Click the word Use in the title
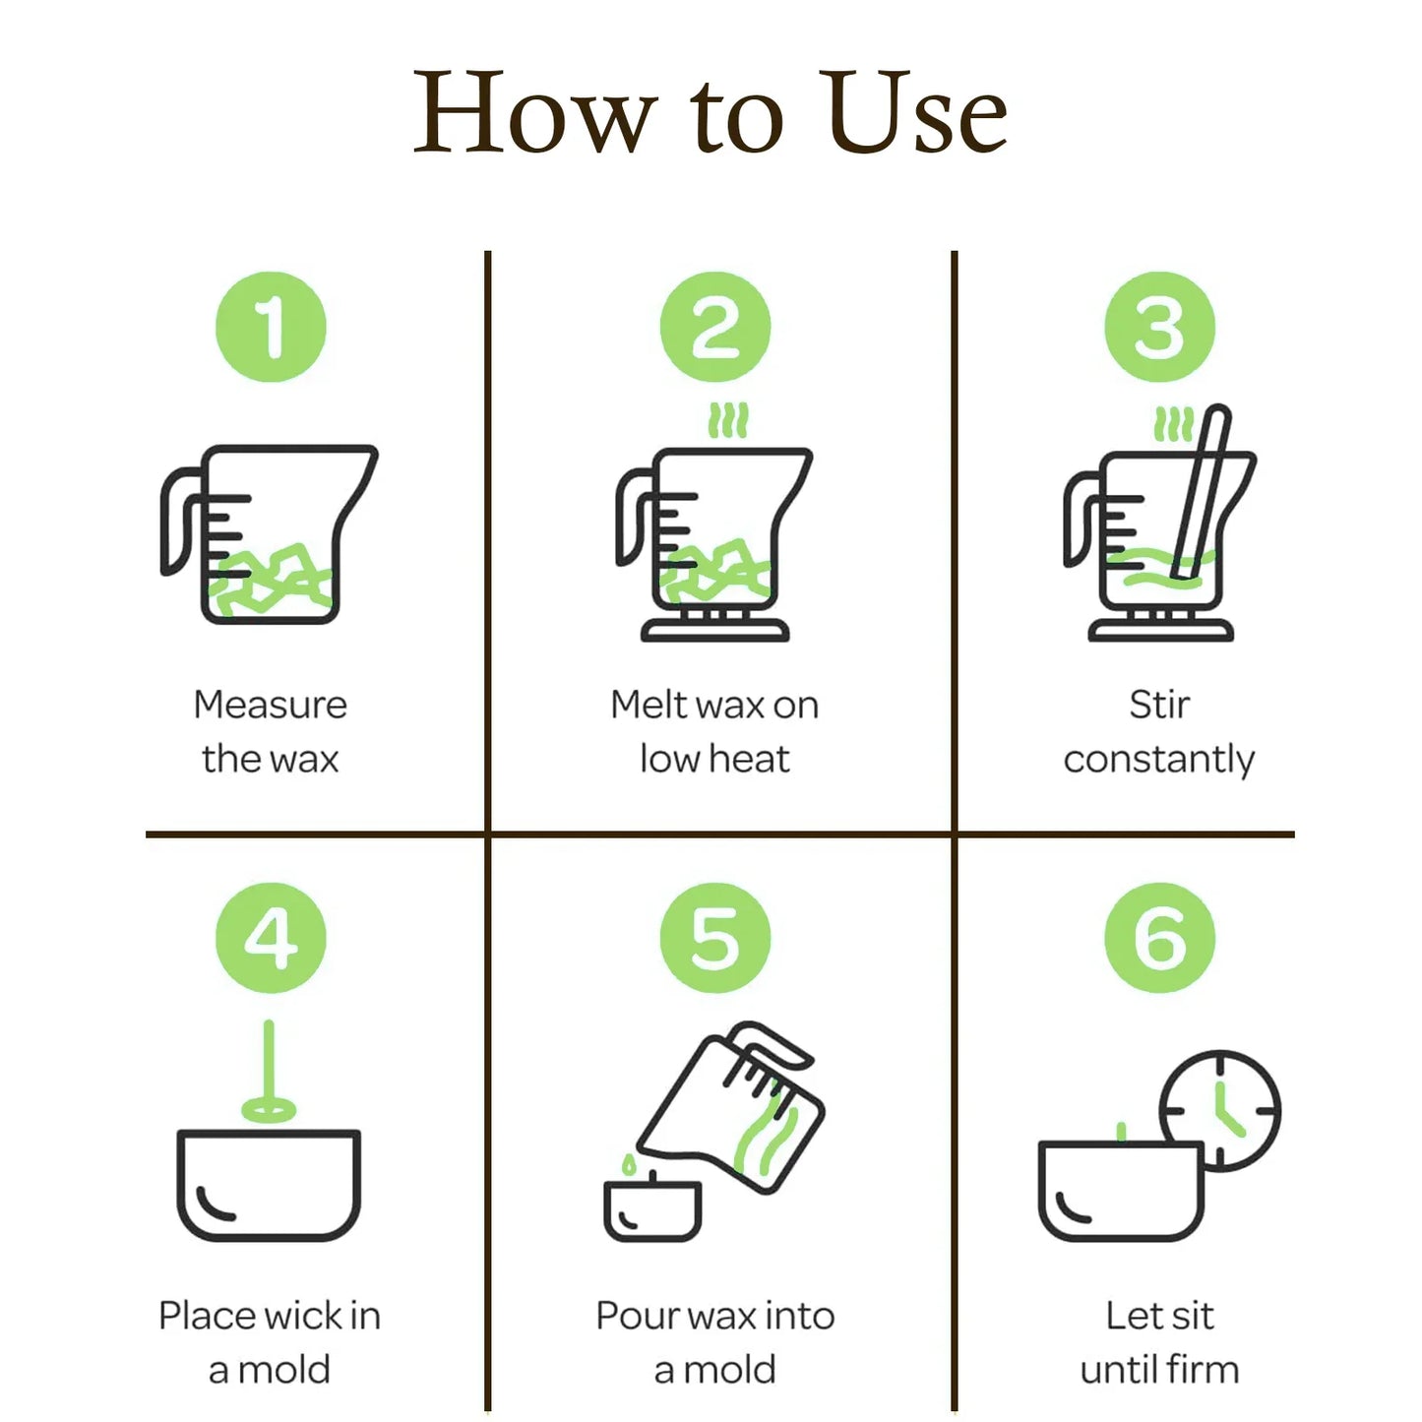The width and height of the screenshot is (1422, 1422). coord(916,112)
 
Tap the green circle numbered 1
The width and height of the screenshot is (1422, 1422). coord(271,327)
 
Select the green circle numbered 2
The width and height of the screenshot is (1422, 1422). coord(715,327)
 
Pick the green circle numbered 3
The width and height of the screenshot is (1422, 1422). coord(1159,327)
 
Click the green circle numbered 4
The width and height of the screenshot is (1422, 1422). coord(271,938)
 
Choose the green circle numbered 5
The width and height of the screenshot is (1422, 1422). coord(715,938)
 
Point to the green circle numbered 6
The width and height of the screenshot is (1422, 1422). coord(1159,938)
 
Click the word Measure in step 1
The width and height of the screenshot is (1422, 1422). coord(270,705)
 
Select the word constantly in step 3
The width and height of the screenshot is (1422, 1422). coord(1158,761)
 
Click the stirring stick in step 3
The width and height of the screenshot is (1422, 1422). coord(1201,492)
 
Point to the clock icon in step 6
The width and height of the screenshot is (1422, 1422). coord(1219,1111)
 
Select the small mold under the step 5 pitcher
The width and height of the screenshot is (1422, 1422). coord(653,1211)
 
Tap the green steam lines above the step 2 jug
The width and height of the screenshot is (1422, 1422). coord(728,420)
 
